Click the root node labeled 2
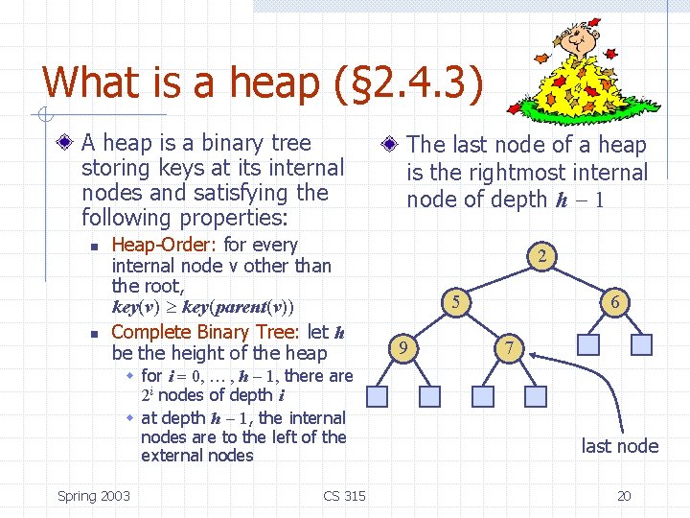(542, 256)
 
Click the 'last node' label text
(619, 446)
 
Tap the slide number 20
(624, 496)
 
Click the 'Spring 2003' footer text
(94, 496)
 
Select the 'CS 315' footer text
(344, 496)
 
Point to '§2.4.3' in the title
(411, 82)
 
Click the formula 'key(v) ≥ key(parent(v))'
(203, 308)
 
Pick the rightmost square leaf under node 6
(643, 343)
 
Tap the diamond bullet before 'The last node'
(390, 146)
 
